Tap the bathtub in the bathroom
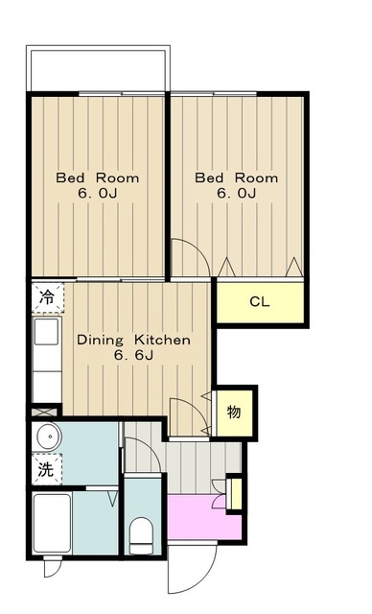(52, 523)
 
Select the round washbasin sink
(49, 437)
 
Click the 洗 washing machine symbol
(46, 469)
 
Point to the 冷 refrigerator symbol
(47, 297)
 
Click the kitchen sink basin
(47, 331)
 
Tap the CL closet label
(260, 302)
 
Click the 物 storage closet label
(234, 412)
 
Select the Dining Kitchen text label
(134, 340)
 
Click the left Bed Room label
(98, 177)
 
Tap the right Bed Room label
(237, 177)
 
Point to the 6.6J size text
(134, 355)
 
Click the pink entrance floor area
(203, 517)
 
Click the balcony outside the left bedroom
(98, 68)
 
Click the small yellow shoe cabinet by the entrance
(235, 493)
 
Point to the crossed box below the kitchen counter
(45, 412)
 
